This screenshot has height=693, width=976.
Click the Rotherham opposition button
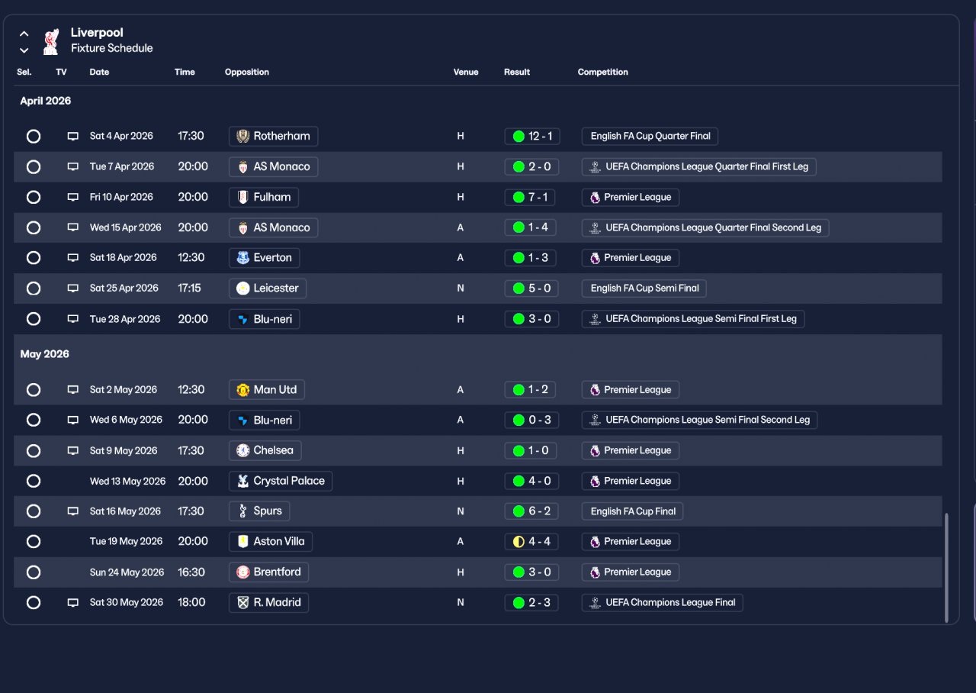273,136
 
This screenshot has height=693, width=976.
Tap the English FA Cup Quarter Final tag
650,136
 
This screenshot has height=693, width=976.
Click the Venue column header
466,72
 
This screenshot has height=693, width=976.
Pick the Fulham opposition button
264,197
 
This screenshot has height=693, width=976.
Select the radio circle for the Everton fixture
34,258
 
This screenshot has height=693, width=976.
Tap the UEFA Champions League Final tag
662,602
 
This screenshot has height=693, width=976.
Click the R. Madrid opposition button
268,602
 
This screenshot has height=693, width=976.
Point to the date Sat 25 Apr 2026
124,288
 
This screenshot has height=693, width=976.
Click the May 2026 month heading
45,354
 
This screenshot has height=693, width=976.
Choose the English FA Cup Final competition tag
632,511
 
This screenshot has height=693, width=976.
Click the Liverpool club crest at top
51,41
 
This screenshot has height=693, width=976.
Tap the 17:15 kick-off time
190,288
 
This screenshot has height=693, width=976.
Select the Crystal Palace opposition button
281,481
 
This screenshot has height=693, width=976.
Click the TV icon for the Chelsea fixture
73,450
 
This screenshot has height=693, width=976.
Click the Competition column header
603,72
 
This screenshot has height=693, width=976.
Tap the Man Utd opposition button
266,389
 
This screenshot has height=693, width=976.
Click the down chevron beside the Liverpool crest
24,50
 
